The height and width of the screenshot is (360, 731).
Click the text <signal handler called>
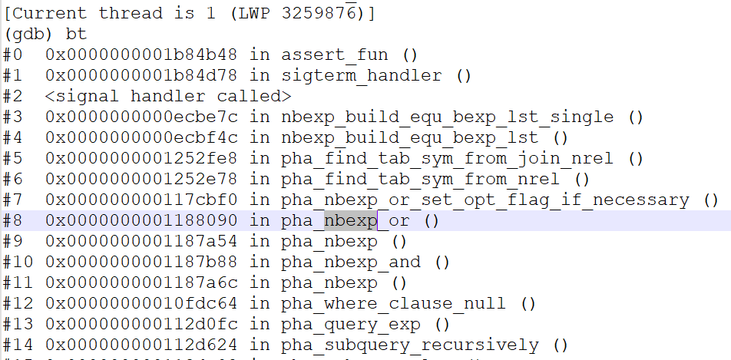tap(168, 97)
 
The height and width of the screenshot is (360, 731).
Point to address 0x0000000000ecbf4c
tap(141, 138)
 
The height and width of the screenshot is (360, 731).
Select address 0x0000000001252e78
tap(141, 180)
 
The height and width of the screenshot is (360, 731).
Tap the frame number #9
tap(14, 242)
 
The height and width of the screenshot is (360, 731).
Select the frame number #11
tap(18, 283)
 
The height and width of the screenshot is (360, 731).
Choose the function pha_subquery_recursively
tap(410, 345)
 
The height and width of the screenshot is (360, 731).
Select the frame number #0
tap(14, 55)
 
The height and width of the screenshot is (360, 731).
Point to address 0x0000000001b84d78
tap(141, 76)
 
